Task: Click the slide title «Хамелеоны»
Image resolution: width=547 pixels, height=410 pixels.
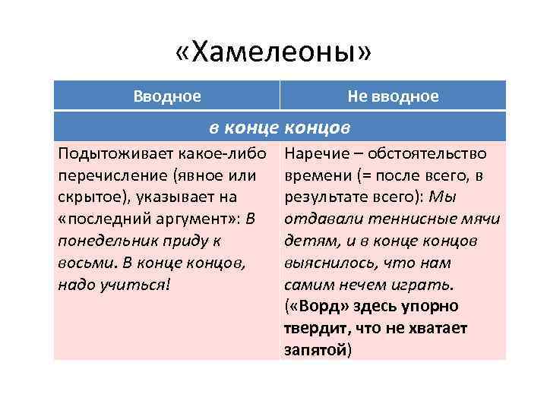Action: (x=273, y=53)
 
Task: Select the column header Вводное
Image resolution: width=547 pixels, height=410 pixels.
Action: (x=167, y=96)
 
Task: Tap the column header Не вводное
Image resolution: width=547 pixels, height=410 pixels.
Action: (x=393, y=96)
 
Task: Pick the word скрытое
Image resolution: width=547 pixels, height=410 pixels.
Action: (x=87, y=197)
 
